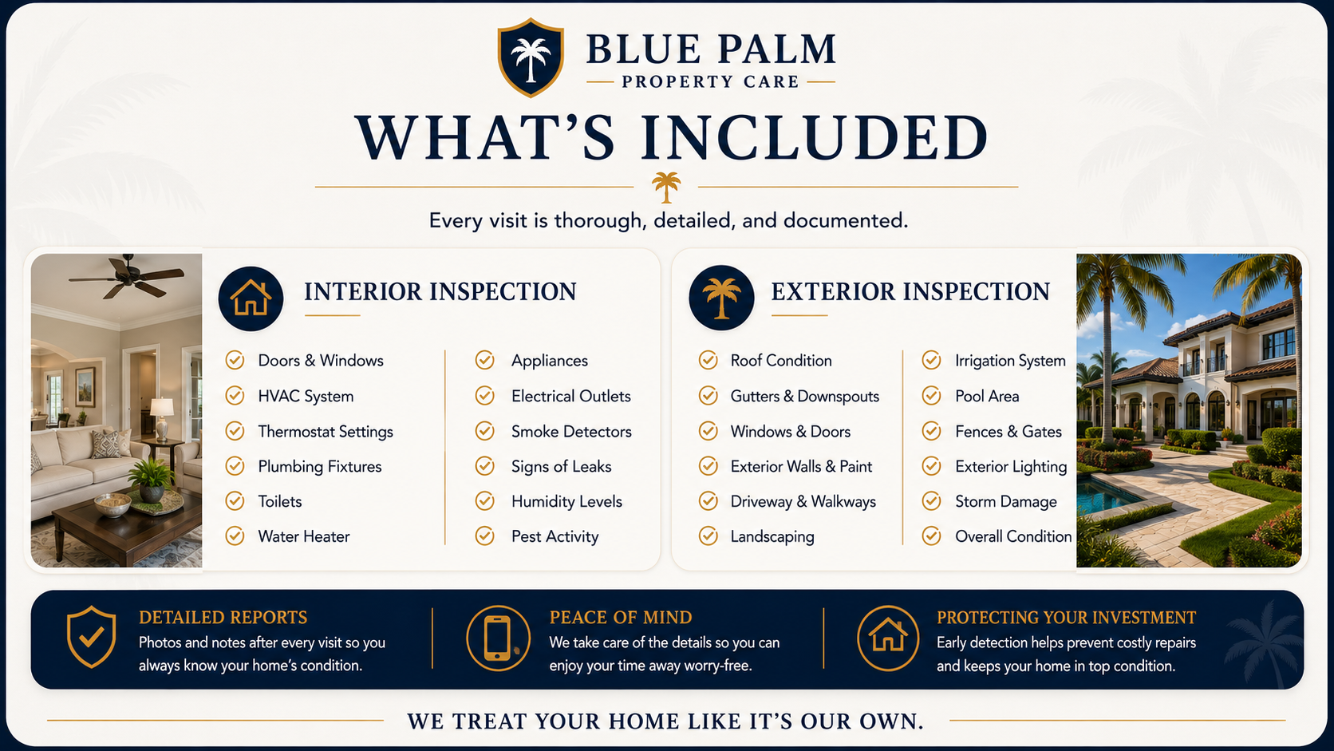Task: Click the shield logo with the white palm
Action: [531, 57]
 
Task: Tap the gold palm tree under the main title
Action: [666, 187]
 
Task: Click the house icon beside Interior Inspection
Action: [251, 298]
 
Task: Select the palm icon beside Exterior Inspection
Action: [721, 298]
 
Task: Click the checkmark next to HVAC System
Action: [235, 396]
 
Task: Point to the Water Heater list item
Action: [304, 536]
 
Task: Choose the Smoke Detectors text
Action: [571, 432]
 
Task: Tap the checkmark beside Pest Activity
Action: [485, 536]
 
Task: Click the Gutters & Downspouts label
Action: [804, 397]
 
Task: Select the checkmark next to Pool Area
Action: [931, 396]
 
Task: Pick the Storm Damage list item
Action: [1006, 502]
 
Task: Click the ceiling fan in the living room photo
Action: [126, 276]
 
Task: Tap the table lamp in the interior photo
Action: [162, 419]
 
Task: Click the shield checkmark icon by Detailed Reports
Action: [91, 637]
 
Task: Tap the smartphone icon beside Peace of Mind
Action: [498, 638]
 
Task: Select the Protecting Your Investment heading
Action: [1066, 618]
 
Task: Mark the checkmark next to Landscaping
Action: [708, 536]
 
